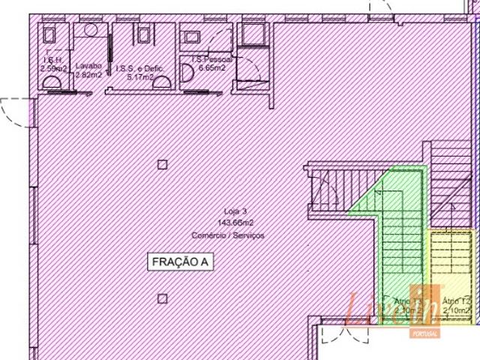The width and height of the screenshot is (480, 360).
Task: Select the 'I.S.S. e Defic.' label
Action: (x=138, y=67)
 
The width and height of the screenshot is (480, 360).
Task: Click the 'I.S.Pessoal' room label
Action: (x=212, y=58)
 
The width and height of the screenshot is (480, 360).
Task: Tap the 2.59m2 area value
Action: (x=54, y=69)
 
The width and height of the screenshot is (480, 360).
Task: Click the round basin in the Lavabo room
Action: (x=91, y=30)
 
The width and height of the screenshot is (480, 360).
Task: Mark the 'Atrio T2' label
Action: (x=455, y=301)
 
